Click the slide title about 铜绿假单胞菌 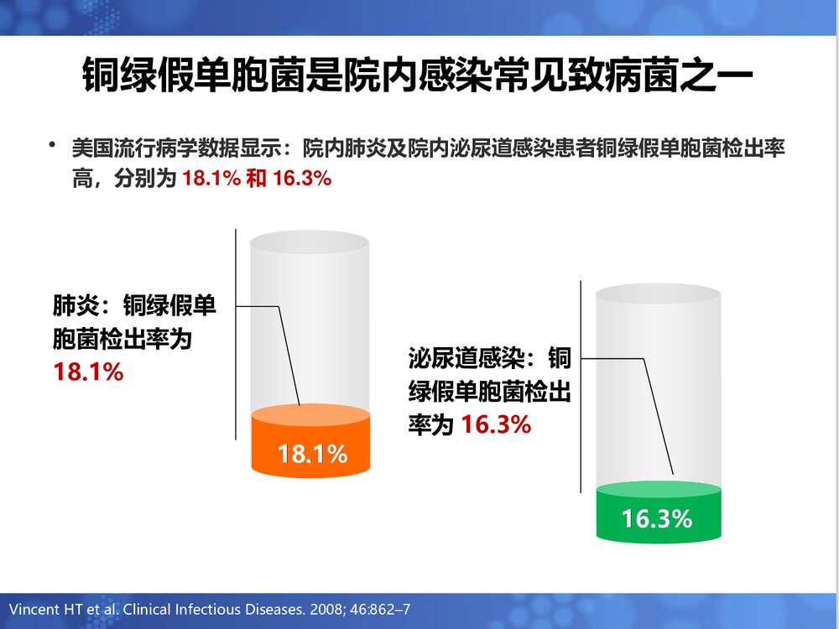click(419, 75)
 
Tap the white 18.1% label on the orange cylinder click(312, 455)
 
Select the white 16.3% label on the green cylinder click(657, 518)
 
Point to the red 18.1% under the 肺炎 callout click(89, 372)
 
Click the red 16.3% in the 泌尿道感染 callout click(496, 425)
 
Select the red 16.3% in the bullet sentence click(298, 179)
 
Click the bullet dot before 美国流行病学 click(53, 147)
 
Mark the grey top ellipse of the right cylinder click(659, 298)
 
